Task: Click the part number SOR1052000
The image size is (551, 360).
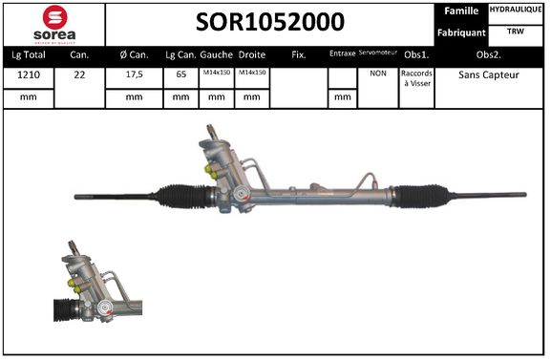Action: pyautogui.click(x=271, y=22)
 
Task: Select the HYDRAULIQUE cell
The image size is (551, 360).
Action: pyautogui.click(x=516, y=11)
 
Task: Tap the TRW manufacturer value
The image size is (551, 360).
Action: pyautogui.click(x=516, y=32)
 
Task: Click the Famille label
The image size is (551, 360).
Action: pyautogui.click(x=461, y=11)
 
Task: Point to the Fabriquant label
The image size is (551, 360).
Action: pyautogui.click(x=461, y=32)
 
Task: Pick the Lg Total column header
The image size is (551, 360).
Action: pyautogui.click(x=28, y=54)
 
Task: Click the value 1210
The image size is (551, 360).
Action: pyautogui.click(x=28, y=74)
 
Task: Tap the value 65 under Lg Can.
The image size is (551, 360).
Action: pyautogui.click(x=180, y=74)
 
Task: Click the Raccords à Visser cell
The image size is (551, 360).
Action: pyautogui.click(x=416, y=77)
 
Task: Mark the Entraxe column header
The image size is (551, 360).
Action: pyautogui.click(x=341, y=54)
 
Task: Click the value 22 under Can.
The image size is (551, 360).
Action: pyautogui.click(x=81, y=74)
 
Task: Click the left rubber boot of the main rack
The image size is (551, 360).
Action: pyautogui.click(x=182, y=197)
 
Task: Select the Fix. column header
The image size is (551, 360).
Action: pyautogui.click(x=298, y=54)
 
